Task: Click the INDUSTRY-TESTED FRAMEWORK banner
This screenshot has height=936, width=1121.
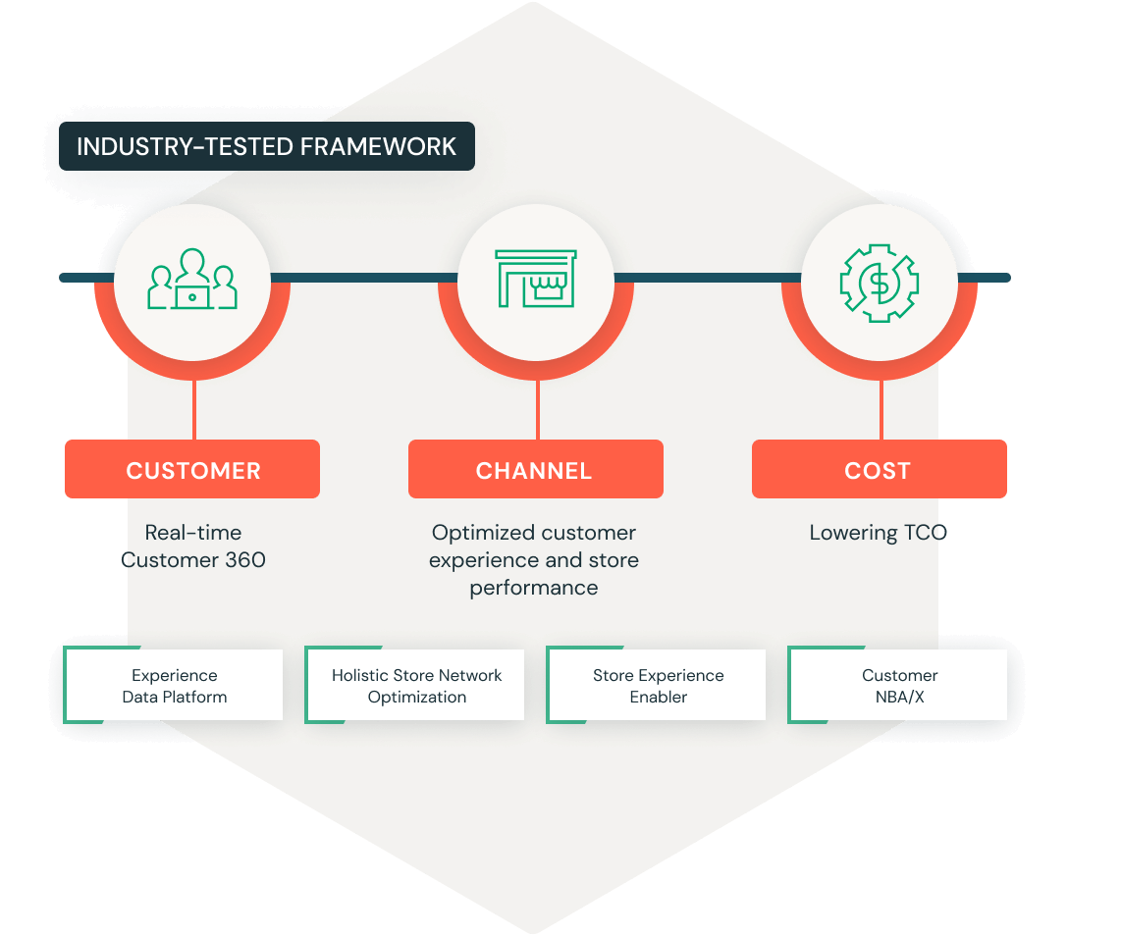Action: (x=266, y=146)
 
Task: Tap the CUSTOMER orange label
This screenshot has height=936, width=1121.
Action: (x=192, y=470)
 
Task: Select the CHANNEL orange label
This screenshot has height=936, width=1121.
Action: (x=535, y=470)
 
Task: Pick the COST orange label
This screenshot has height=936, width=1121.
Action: (x=879, y=470)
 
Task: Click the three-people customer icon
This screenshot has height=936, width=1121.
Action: (x=192, y=280)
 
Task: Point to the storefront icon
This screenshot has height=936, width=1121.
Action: (x=536, y=279)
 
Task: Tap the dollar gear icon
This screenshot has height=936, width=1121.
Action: (x=879, y=282)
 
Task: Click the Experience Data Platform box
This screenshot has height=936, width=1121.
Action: (x=175, y=686)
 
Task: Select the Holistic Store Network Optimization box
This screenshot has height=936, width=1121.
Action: (x=416, y=686)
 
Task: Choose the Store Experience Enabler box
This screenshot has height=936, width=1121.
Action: (x=658, y=686)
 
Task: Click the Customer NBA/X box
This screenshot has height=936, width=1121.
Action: (x=899, y=686)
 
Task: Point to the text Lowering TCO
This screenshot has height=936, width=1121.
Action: (x=879, y=533)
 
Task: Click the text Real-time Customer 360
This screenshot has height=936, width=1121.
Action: (x=193, y=546)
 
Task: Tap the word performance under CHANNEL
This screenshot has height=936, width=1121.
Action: (x=534, y=588)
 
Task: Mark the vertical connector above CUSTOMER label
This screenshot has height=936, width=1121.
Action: (x=193, y=409)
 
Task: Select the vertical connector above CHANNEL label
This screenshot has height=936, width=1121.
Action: (x=537, y=409)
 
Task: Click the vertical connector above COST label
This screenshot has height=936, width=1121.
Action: (x=881, y=409)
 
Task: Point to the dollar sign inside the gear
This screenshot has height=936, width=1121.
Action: (x=879, y=283)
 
